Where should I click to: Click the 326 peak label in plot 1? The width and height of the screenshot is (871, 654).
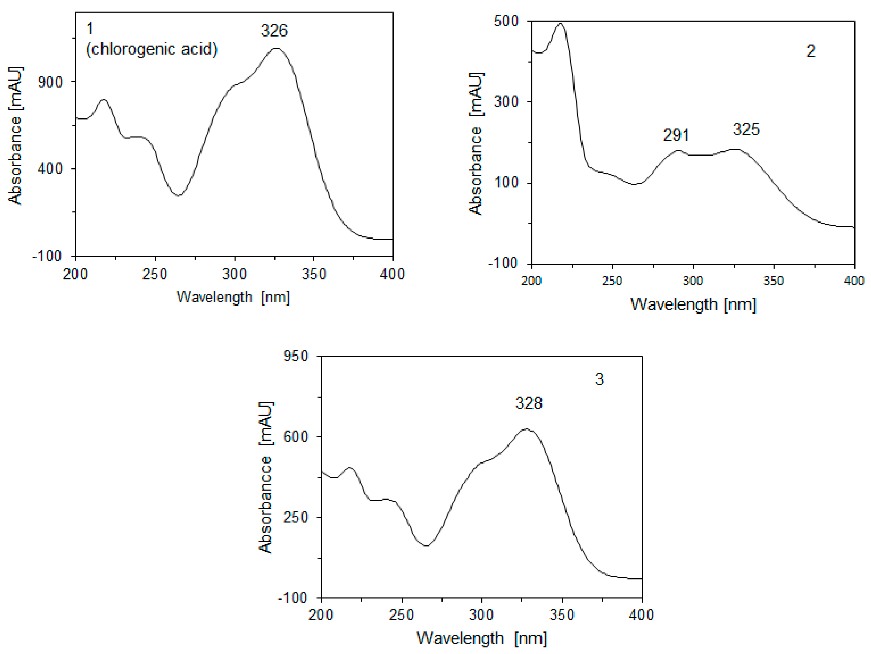(274, 31)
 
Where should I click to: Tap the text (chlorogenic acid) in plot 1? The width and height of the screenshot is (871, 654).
(152, 49)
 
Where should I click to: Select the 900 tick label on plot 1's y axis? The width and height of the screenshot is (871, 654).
(50, 82)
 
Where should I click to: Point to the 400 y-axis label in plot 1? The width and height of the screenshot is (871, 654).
(50, 168)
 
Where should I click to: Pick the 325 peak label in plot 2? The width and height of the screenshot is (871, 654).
(746, 129)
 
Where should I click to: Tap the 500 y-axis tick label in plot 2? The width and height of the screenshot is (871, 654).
(506, 21)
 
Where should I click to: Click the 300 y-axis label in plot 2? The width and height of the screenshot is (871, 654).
(506, 101)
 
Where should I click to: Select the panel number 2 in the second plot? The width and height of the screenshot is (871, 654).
(811, 51)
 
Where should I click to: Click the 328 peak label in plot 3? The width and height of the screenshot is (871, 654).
(529, 403)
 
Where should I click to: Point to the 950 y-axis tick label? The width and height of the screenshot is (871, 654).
(296, 356)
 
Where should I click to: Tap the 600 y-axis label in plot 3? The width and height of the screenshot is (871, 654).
(296, 436)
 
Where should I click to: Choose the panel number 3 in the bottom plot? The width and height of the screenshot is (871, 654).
(599, 379)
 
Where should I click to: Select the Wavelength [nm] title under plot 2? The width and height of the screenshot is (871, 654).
(693, 304)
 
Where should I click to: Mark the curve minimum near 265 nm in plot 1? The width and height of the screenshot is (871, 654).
(178, 195)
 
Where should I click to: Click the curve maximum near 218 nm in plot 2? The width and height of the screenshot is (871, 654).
(560, 23)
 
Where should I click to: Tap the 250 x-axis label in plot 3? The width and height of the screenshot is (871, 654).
(401, 615)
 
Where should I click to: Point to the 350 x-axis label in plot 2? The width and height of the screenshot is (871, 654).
(773, 281)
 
